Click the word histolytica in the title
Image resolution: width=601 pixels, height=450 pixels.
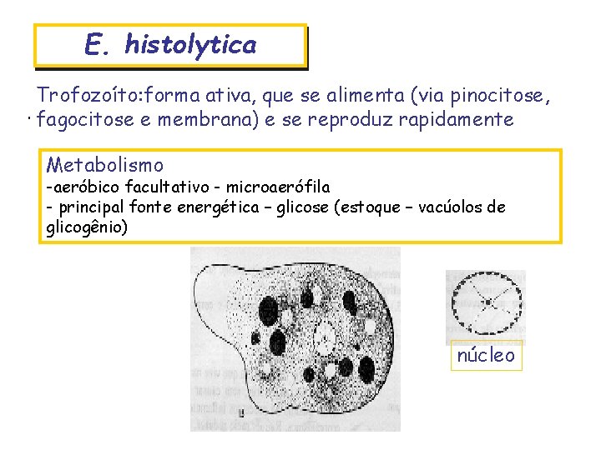(190, 44)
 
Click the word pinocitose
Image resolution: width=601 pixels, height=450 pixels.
(497, 97)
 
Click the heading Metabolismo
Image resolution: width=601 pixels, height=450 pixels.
(104, 165)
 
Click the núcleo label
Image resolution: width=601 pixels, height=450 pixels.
(487, 356)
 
